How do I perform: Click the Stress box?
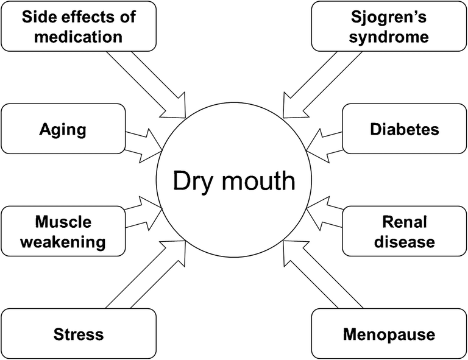[78, 334]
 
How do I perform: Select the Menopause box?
[389, 334]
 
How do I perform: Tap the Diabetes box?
[404, 129]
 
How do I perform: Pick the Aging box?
[63, 129]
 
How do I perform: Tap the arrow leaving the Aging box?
[144, 139]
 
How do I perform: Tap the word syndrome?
[389, 36]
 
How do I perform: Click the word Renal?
[404, 221]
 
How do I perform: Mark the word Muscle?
[63, 221]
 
